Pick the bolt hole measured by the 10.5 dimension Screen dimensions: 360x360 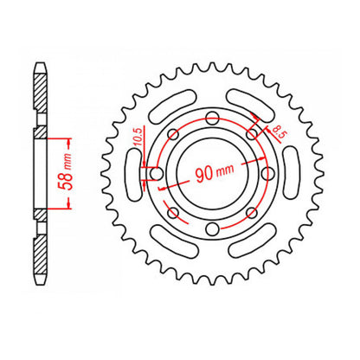[157, 173]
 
